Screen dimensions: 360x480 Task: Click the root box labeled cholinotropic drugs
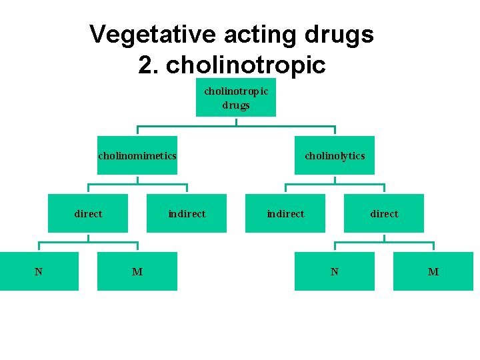pyautogui.click(x=235, y=97)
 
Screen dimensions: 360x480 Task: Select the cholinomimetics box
pyautogui.click(x=137, y=155)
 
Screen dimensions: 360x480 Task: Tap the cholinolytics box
pyautogui.click(x=335, y=155)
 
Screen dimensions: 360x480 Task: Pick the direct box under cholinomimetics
pyautogui.click(x=88, y=213)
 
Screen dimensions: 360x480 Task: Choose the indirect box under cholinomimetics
pyautogui.click(x=187, y=213)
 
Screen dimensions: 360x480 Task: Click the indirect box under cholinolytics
pyautogui.click(x=285, y=213)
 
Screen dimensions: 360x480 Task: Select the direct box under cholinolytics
pyautogui.click(x=384, y=213)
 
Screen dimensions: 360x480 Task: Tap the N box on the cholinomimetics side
pyautogui.click(x=39, y=271)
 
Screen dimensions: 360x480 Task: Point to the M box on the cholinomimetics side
pyautogui.click(x=137, y=271)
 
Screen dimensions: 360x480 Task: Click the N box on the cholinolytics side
pyautogui.click(x=335, y=271)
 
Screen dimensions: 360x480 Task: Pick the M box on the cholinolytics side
pyautogui.click(x=433, y=271)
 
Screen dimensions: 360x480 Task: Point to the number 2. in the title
pyautogui.click(x=149, y=65)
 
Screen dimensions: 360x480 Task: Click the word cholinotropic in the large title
pyautogui.click(x=246, y=65)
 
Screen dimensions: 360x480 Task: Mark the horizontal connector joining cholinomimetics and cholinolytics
pyautogui.click(x=236, y=126)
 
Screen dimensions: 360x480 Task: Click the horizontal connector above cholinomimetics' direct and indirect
pyautogui.click(x=137, y=184)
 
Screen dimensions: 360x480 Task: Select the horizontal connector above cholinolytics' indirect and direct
pyautogui.click(x=335, y=184)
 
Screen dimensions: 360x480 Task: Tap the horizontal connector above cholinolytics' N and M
pyautogui.click(x=384, y=242)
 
